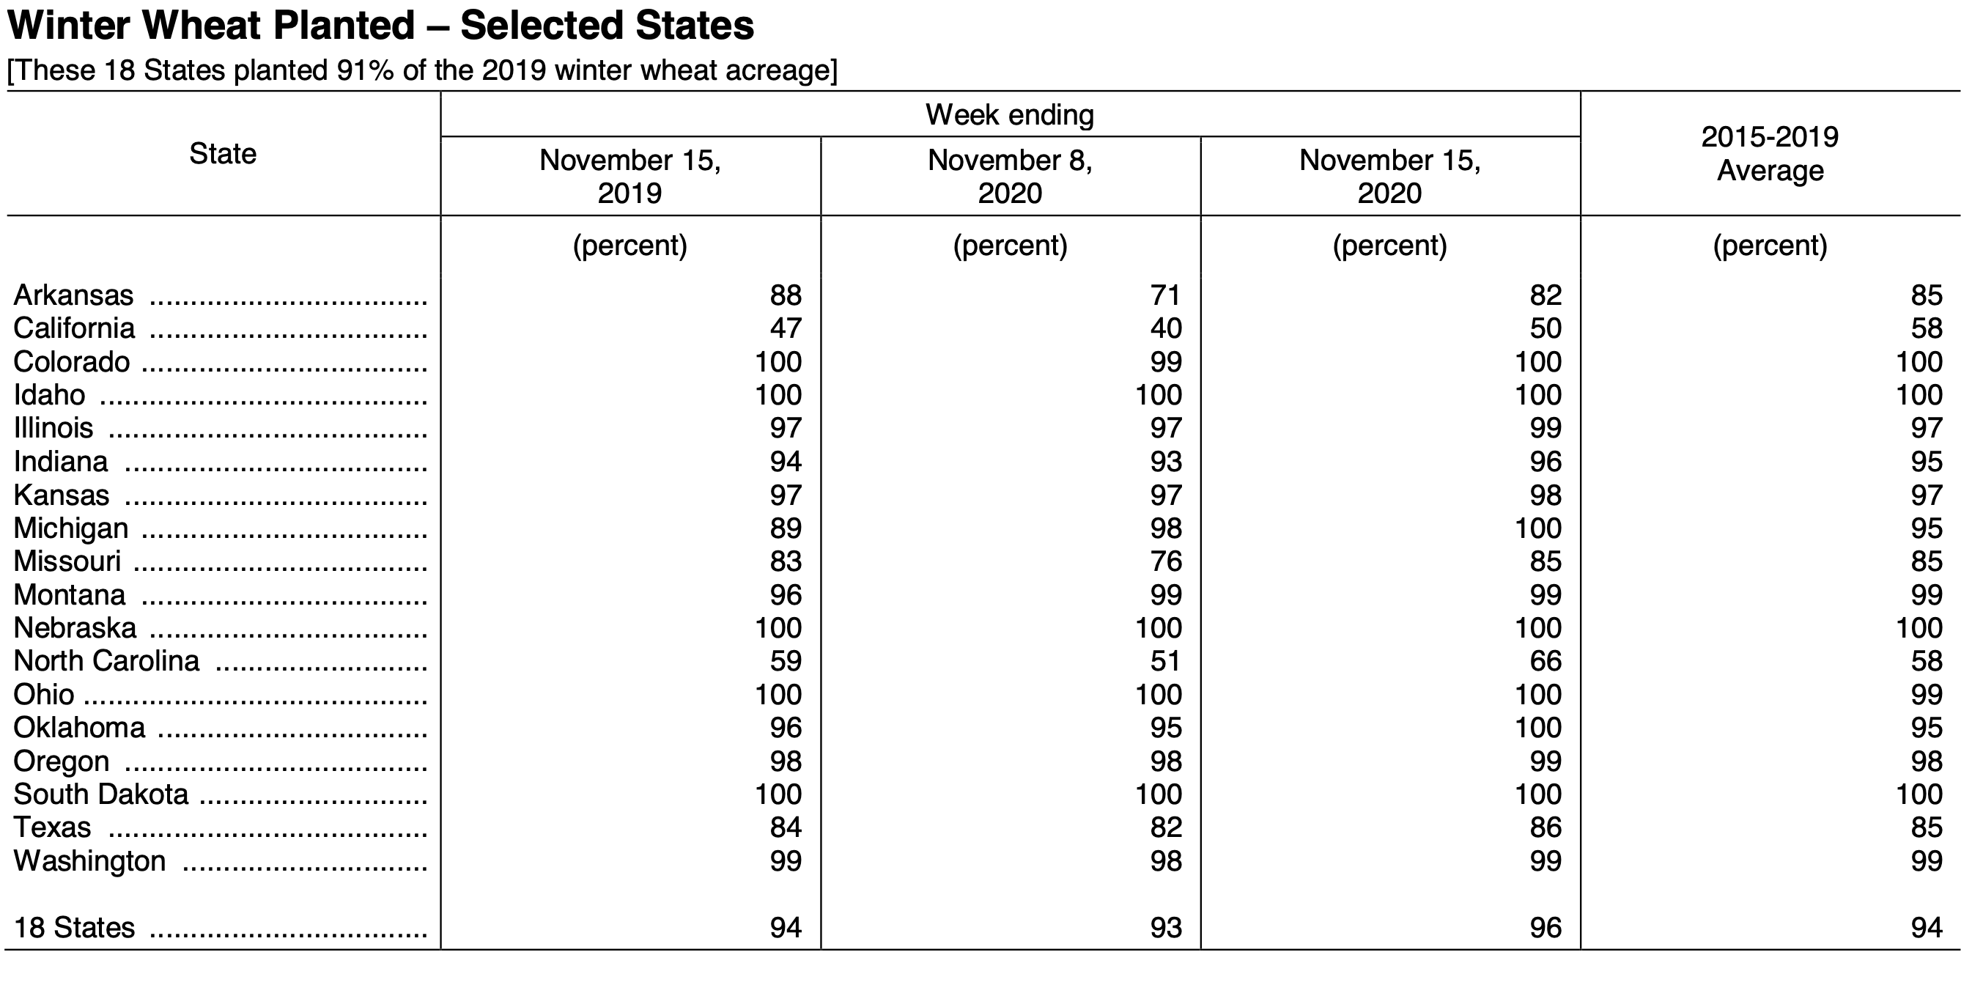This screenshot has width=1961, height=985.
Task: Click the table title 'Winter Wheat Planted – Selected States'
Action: pyautogui.click(x=380, y=25)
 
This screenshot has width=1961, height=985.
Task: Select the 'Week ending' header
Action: pyautogui.click(x=1009, y=115)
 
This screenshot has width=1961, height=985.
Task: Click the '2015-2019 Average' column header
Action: pyautogui.click(x=1770, y=154)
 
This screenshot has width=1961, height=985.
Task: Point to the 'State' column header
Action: pyautogui.click(x=222, y=154)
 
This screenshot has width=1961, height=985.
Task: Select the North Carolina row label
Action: pyautogui.click(x=106, y=661)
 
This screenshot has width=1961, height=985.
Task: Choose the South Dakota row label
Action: pyautogui.click(x=100, y=794)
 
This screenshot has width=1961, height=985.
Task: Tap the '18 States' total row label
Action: pyautogui.click(x=74, y=927)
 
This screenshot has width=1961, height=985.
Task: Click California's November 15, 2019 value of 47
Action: pyautogui.click(x=786, y=328)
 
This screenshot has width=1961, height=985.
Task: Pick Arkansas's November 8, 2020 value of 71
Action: pyautogui.click(x=1165, y=295)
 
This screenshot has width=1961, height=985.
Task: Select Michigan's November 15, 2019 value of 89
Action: pyautogui.click(x=786, y=528)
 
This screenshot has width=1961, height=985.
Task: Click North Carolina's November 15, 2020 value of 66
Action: pyautogui.click(x=1545, y=661)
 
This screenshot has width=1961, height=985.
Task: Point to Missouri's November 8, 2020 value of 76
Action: pyautogui.click(x=1165, y=561)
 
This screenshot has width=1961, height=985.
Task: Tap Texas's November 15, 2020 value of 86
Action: pyautogui.click(x=1545, y=827)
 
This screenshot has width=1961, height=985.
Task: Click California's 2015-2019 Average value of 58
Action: pyautogui.click(x=1926, y=328)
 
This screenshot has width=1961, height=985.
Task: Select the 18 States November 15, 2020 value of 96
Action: pyautogui.click(x=1545, y=927)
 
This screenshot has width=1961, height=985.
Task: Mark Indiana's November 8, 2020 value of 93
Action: pyautogui.click(x=1165, y=461)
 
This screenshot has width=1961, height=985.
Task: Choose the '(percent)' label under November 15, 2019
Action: pyautogui.click(x=629, y=245)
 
